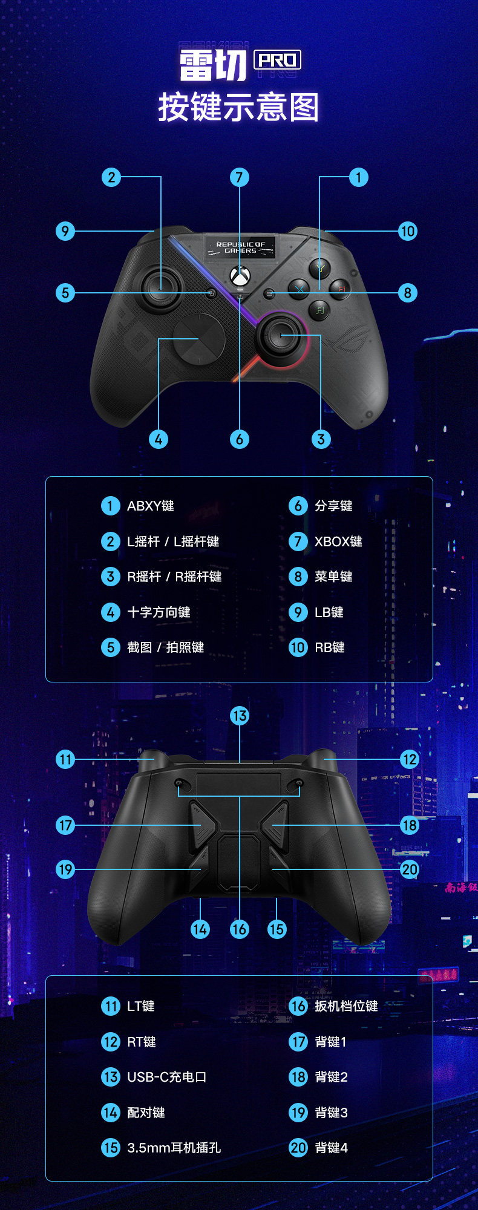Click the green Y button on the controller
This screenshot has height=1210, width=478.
[x=319, y=267]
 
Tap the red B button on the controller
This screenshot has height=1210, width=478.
[x=340, y=289]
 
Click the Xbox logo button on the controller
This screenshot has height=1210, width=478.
[x=240, y=276]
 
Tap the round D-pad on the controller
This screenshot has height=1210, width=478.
[x=199, y=338]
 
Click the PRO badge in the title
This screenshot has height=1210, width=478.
[x=277, y=60]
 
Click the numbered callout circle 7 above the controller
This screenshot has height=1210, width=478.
[x=240, y=177]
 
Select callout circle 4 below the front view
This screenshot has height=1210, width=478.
[x=159, y=439]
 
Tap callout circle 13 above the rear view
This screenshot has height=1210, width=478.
[x=240, y=716]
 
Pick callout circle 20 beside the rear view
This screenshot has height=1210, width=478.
[x=410, y=869]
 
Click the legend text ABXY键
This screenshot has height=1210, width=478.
[x=151, y=506]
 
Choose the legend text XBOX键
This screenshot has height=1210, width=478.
[x=338, y=541]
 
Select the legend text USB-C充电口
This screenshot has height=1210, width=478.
[x=166, y=1077]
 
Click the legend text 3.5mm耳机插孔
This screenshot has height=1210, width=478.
[x=174, y=1148]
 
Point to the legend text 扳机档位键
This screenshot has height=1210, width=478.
[x=346, y=1006]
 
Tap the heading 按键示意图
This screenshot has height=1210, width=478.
[x=238, y=108]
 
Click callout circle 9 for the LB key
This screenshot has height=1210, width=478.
[x=65, y=231]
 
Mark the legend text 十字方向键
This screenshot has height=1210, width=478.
[x=159, y=612]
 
